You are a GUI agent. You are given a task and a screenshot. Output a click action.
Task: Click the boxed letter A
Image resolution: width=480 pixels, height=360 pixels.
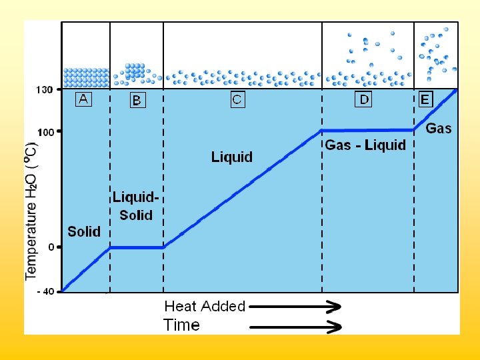[x=83, y=99]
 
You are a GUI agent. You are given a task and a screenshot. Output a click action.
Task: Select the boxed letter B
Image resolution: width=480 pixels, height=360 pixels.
[x=137, y=101]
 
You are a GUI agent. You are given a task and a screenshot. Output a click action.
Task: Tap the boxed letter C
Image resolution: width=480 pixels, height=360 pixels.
[x=237, y=100]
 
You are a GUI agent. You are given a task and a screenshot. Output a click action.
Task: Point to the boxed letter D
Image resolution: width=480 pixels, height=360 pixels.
[x=363, y=100]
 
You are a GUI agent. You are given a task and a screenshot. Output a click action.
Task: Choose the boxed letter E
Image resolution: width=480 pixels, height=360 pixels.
[x=425, y=100]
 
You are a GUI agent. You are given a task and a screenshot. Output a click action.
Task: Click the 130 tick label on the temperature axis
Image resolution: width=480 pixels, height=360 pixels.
[x=45, y=89]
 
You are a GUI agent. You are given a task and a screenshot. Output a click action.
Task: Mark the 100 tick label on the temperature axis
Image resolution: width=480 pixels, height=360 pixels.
[x=45, y=132]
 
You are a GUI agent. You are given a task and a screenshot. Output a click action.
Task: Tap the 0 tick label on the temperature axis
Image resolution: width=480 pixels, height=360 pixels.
[x=51, y=247]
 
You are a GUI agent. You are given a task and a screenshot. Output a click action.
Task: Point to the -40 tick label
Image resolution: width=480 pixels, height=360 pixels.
[x=45, y=291]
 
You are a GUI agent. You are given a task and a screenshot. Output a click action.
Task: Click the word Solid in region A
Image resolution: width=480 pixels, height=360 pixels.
[x=84, y=231]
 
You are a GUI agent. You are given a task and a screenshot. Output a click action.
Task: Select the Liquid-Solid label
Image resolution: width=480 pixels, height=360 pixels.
[x=135, y=206]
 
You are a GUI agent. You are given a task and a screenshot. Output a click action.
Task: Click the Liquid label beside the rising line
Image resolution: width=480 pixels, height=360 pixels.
[x=232, y=157]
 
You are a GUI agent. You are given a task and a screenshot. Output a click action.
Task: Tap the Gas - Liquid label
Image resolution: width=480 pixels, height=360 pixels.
[x=365, y=145]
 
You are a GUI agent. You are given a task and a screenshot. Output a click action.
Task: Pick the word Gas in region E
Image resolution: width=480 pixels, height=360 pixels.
[x=439, y=129]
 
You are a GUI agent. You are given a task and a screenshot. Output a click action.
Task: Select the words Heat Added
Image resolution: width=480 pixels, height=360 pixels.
[x=205, y=307]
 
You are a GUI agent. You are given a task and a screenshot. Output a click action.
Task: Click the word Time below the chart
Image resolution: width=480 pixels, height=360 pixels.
[x=182, y=325]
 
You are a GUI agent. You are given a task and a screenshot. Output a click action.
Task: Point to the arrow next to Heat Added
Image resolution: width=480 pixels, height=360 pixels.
[x=295, y=307]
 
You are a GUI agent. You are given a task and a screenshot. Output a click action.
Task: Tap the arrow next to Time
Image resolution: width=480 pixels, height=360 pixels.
[x=295, y=327]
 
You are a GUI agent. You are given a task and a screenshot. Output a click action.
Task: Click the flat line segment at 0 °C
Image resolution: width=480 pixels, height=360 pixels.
[x=137, y=247]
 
